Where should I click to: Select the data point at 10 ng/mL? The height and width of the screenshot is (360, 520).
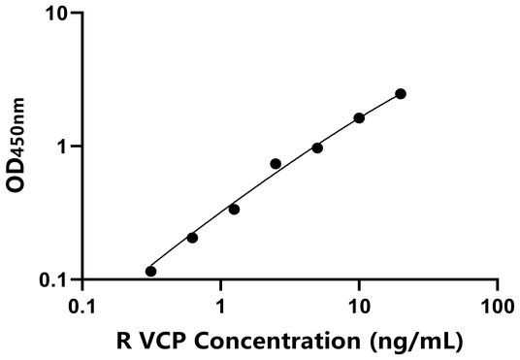[359, 118]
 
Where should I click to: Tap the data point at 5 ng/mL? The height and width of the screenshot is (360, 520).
[317, 147]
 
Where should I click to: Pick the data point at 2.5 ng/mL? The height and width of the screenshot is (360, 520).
[276, 164]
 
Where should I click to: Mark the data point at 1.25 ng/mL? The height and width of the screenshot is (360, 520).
[234, 210]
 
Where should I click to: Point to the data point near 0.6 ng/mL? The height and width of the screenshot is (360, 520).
[192, 238]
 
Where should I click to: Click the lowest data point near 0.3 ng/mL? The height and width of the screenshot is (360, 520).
[150, 272]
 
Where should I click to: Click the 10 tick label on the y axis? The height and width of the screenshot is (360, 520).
[59, 15]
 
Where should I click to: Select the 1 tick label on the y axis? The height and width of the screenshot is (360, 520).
[64, 147]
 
